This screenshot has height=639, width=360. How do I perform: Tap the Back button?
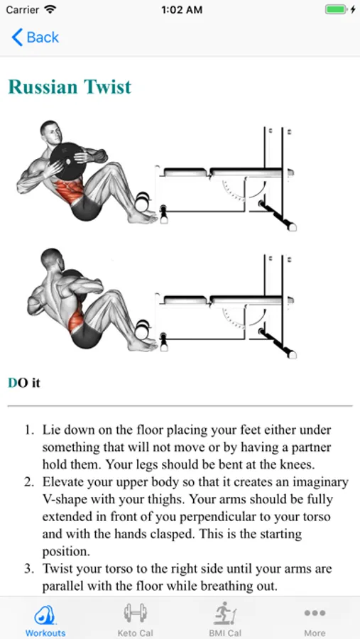pyautogui.click(x=35, y=38)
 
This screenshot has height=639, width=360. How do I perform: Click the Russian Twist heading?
pyautogui.click(x=70, y=87)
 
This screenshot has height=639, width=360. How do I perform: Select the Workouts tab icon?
pyautogui.click(x=45, y=615)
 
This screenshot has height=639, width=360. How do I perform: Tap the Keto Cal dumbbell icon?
pyautogui.click(x=135, y=613)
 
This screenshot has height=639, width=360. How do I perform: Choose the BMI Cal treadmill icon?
pyautogui.click(x=225, y=614)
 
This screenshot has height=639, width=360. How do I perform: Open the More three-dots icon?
pyautogui.click(x=315, y=613)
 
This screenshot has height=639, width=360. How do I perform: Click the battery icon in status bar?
pyautogui.click(x=337, y=10)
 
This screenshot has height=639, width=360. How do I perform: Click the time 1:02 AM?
pyautogui.click(x=182, y=10)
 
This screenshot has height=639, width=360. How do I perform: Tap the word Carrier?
pyautogui.click(x=22, y=10)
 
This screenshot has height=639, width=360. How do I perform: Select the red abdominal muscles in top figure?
pyautogui.click(x=70, y=191)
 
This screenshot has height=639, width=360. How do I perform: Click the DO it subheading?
pyautogui.click(x=24, y=383)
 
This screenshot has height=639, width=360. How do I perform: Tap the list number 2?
pyautogui.click(x=28, y=482)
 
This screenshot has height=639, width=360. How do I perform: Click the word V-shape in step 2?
pyautogui.click(x=65, y=500)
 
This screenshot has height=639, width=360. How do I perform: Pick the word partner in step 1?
pyautogui.click(x=309, y=448)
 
